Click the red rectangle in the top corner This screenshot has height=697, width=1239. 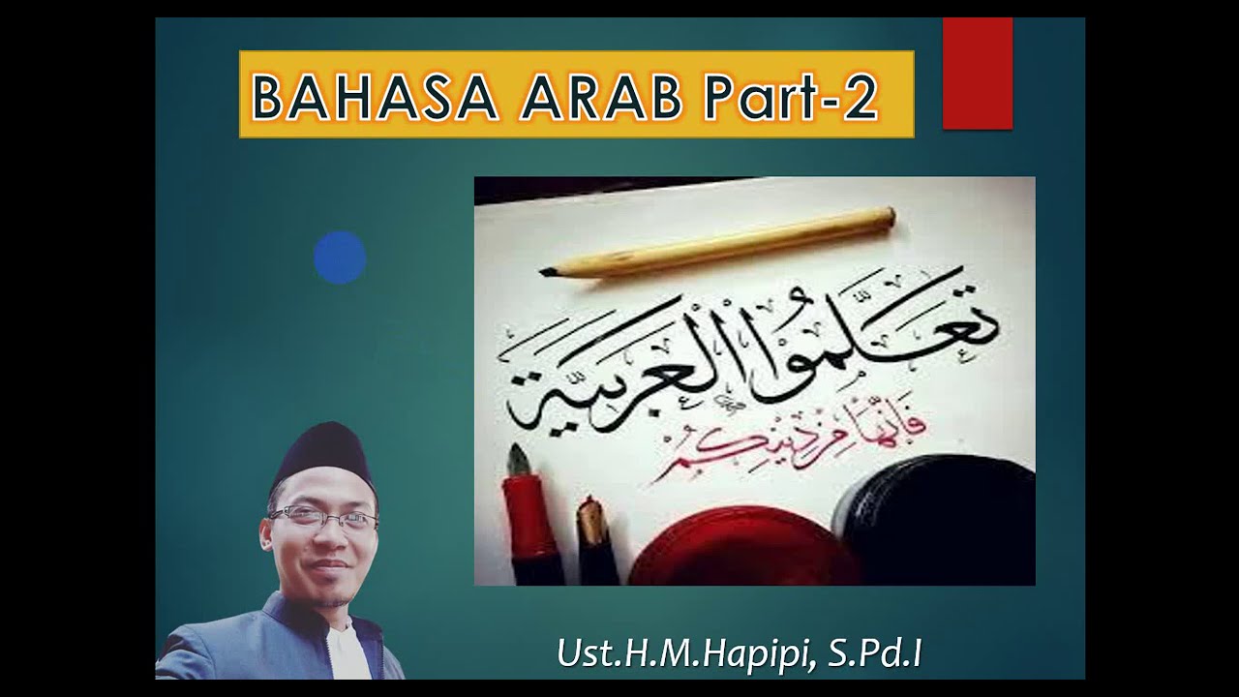[978, 74]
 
